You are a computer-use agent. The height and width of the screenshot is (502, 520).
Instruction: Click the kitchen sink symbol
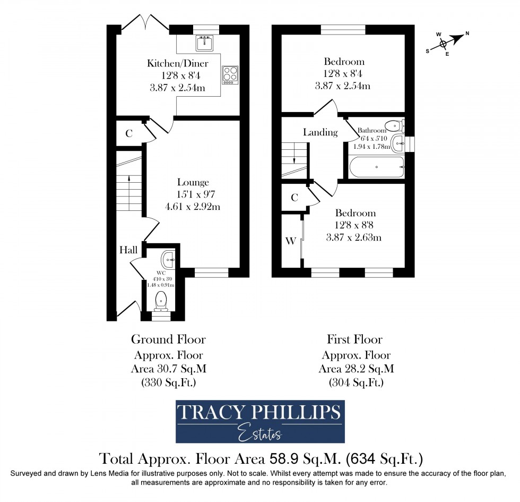tap(204, 42)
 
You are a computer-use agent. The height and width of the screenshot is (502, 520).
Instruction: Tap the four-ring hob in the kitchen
tap(230, 74)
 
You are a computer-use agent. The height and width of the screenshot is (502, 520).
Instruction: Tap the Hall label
tap(128, 250)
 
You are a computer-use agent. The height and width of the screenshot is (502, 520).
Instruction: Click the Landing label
tap(320, 132)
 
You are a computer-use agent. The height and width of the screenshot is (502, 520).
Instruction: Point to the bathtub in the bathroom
tap(376, 167)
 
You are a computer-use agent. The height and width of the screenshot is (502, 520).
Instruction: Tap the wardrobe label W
tap(290, 241)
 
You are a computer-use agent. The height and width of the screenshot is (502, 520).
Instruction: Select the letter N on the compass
tap(467, 34)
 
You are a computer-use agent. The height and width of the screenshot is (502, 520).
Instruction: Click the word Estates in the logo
tap(259, 433)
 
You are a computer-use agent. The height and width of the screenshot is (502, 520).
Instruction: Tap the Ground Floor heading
tap(168, 339)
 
